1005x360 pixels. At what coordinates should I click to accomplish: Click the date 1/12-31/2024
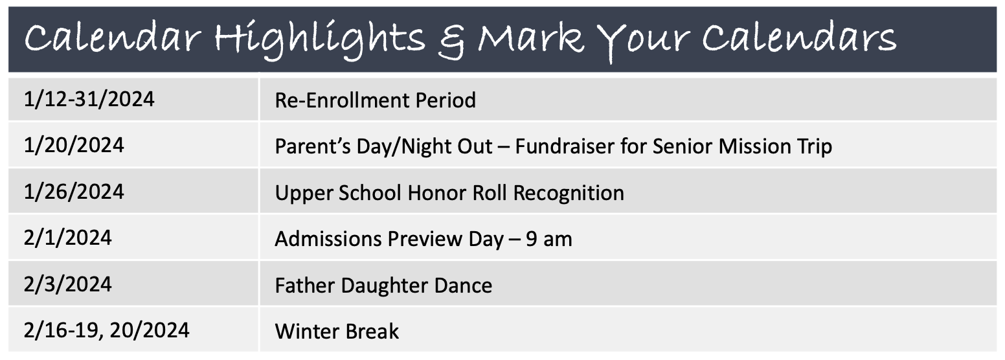tap(89, 99)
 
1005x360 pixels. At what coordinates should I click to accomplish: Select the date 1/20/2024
tap(74, 146)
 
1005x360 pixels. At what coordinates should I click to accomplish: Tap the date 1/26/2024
tap(74, 192)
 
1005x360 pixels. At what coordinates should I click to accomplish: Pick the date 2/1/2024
tap(67, 238)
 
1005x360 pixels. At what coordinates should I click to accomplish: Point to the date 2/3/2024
tap(67, 284)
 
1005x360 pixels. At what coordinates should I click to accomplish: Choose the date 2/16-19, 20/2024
tap(106, 331)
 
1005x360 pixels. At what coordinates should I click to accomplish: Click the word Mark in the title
tap(531, 38)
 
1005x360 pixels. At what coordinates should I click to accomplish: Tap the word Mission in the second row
tap(754, 146)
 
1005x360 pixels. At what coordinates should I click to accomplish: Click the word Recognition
tap(569, 194)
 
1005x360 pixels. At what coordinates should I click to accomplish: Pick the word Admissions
tap(328, 240)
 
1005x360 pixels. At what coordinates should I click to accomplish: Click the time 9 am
tap(548, 240)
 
